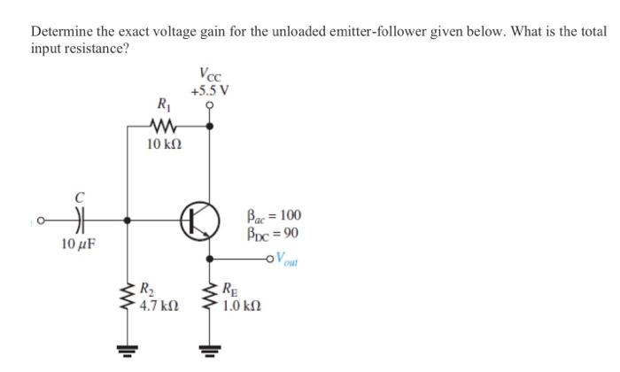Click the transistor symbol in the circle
click(x=200, y=219)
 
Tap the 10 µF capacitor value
click(x=78, y=243)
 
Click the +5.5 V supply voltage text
click(x=210, y=91)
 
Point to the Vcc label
click(x=210, y=76)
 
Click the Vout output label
click(x=290, y=259)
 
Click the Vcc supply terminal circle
click(x=210, y=105)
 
